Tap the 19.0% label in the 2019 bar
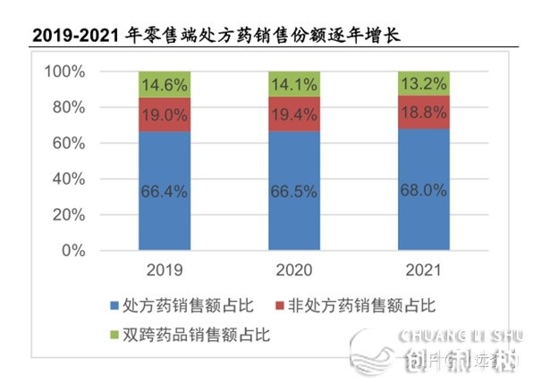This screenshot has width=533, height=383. click(x=165, y=114)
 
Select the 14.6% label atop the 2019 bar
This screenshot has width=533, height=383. click(x=165, y=86)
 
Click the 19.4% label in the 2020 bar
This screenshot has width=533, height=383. click(x=294, y=114)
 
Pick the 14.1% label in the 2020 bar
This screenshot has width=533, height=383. click(x=294, y=86)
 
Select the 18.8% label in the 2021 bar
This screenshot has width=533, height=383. click(x=424, y=112)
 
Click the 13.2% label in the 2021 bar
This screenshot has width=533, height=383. click(x=424, y=85)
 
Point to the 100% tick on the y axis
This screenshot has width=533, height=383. click(x=64, y=71)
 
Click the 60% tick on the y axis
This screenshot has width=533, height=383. click(x=69, y=144)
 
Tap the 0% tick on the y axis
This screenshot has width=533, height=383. click(x=73, y=251)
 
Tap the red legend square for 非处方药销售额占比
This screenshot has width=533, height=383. click(x=279, y=306)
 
